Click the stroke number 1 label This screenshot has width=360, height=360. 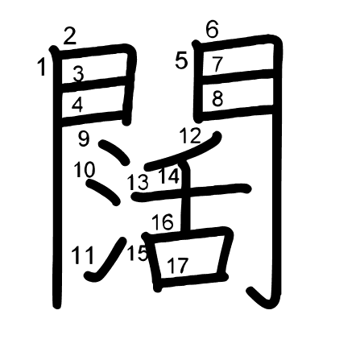[42, 68]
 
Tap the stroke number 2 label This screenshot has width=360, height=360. [70, 36]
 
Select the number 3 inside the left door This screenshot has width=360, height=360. [78, 74]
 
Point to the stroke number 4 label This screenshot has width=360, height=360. [77, 105]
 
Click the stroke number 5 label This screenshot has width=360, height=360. [181, 61]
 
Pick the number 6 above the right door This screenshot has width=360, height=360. [213, 30]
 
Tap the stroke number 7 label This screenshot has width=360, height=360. [217, 64]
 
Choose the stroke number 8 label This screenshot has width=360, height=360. [217, 99]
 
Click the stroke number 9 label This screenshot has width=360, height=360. [84, 139]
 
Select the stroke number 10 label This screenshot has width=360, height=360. [85, 169]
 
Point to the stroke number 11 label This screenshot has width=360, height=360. [83, 255]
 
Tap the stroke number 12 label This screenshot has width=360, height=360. [190, 135]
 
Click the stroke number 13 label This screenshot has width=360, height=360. [138, 183]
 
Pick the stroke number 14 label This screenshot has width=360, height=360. [169, 176]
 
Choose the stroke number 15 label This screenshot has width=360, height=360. [137, 253]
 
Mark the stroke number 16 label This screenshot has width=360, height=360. [163, 222]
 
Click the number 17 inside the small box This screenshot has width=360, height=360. [178, 265]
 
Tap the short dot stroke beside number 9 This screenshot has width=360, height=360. [114, 152]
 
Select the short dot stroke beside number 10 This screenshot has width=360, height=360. [102, 192]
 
